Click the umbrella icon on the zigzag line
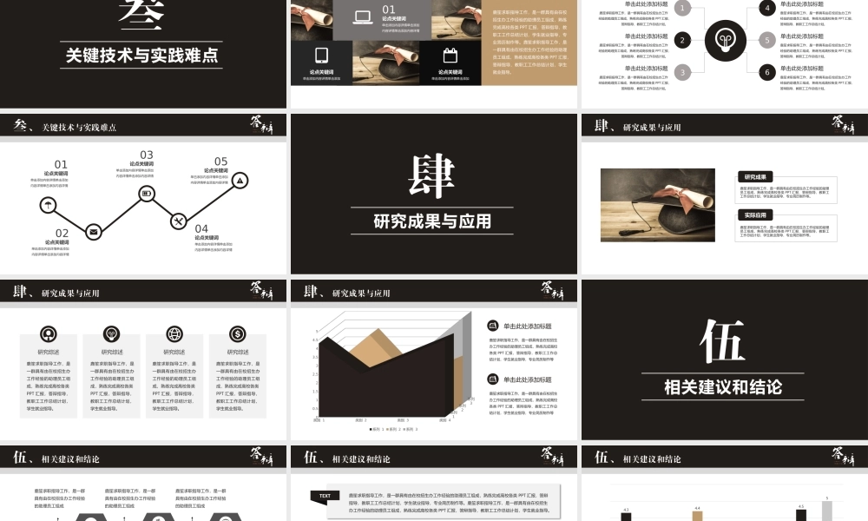pos(49,205)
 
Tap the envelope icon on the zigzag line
pos(93,231)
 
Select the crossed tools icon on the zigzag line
pos(178,221)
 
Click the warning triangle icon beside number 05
pos(240,180)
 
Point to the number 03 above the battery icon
pos(147,155)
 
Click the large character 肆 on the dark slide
pos(431,176)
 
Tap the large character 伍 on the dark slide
pos(722,342)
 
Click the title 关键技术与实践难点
pos(142,56)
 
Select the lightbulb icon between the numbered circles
pos(725,40)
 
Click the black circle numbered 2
pos(683,40)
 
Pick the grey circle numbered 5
pos(766,40)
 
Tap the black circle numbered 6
pos(766,72)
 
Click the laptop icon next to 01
pos(364,16)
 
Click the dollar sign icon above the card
pos(237,333)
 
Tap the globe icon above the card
pos(174,333)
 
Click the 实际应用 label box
pos(753,214)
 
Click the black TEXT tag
pos(325,496)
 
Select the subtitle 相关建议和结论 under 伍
pos(722,386)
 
